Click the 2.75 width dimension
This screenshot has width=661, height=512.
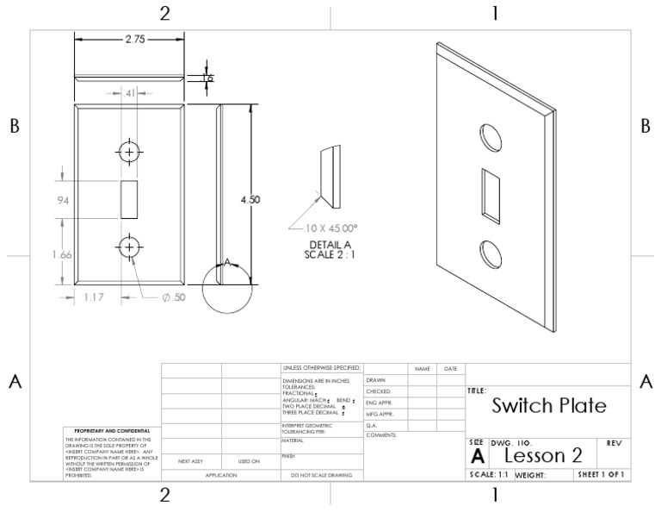click(x=130, y=40)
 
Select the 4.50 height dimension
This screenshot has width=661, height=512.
click(x=250, y=199)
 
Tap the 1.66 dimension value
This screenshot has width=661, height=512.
click(x=60, y=254)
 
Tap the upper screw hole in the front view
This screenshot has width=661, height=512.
click(x=128, y=152)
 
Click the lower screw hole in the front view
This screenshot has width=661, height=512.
click(x=128, y=247)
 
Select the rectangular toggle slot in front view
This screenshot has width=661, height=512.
click(x=128, y=199)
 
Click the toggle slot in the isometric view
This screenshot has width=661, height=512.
click(x=491, y=193)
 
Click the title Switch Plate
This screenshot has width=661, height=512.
click(x=548, y=405)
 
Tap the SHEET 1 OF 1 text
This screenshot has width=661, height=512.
click(x=602, y=474)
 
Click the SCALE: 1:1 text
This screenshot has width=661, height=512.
click(x=489, y=474)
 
